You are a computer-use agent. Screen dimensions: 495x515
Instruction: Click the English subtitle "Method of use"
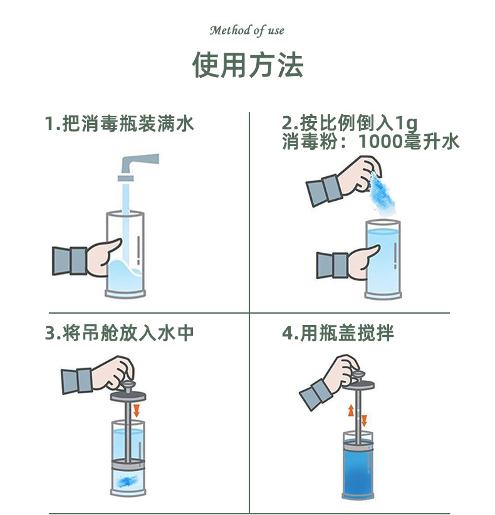247,31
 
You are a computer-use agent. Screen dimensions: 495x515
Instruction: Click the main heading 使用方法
247,65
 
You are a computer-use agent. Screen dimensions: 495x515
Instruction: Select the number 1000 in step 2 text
380,142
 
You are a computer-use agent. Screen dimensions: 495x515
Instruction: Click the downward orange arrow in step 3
137,410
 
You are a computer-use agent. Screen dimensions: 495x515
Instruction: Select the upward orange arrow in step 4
351,410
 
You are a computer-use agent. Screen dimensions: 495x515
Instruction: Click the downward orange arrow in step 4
364,421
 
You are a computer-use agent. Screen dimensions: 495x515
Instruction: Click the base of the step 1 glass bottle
125,294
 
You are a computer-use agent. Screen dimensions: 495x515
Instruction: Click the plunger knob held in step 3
127,384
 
